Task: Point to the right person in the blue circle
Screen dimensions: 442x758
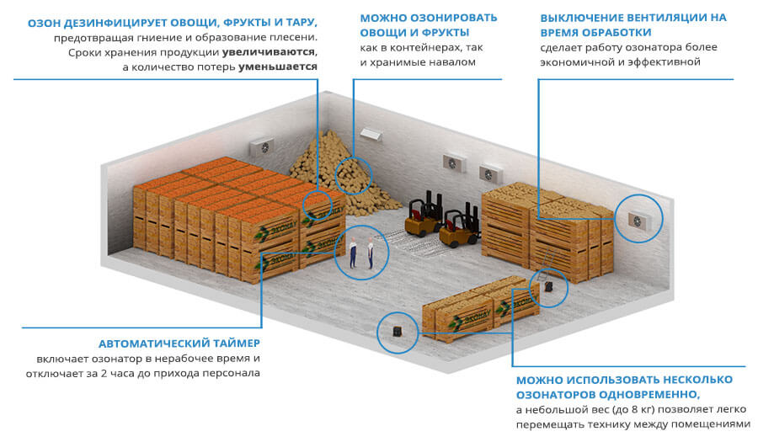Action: [x=370, y=255]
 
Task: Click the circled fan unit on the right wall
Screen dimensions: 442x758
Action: [x=638, y=219]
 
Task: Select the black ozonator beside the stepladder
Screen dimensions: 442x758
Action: [x=548, y=288]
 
